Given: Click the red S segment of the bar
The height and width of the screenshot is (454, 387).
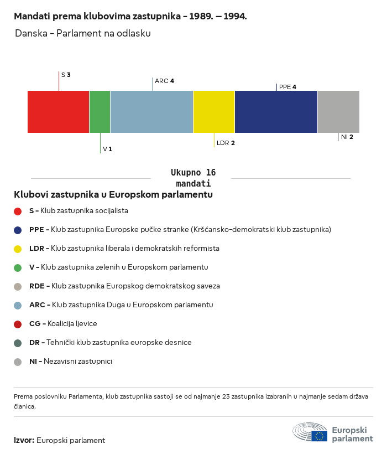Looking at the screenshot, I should [58, 112].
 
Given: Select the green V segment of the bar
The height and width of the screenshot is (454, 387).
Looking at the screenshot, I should [100, 112].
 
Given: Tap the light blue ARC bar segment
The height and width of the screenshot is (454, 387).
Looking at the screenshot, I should [151, 112].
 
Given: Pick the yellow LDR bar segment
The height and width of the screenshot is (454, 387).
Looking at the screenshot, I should [214, 112].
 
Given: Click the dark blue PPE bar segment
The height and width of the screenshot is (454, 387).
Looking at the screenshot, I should [276, 112].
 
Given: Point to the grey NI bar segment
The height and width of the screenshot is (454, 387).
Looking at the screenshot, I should [338, 112].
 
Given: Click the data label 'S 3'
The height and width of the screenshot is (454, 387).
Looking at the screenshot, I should [66, 74].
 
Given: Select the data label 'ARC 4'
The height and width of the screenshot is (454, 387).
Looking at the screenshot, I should [164, 81].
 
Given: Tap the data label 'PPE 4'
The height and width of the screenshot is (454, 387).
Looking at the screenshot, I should [287, 87].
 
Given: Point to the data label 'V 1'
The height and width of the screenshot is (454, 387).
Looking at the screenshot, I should [107, 149].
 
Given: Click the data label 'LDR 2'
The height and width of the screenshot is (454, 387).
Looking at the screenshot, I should [226, 143].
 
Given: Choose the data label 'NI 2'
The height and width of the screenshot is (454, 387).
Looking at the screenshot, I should [347, 136].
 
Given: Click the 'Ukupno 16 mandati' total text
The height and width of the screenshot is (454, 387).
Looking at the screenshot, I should [193, 178].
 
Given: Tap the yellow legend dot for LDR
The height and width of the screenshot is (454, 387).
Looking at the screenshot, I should [18, 249].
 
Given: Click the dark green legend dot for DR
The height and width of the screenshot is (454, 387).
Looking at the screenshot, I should [18, 343].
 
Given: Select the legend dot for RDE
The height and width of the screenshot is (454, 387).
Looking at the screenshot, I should [18, 286].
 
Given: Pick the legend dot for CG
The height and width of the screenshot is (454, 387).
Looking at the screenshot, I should [18, 324].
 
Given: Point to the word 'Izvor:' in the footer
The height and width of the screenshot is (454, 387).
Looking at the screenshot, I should [24, 440].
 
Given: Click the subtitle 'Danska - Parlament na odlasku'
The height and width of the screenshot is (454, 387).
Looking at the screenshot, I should [83, 33].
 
